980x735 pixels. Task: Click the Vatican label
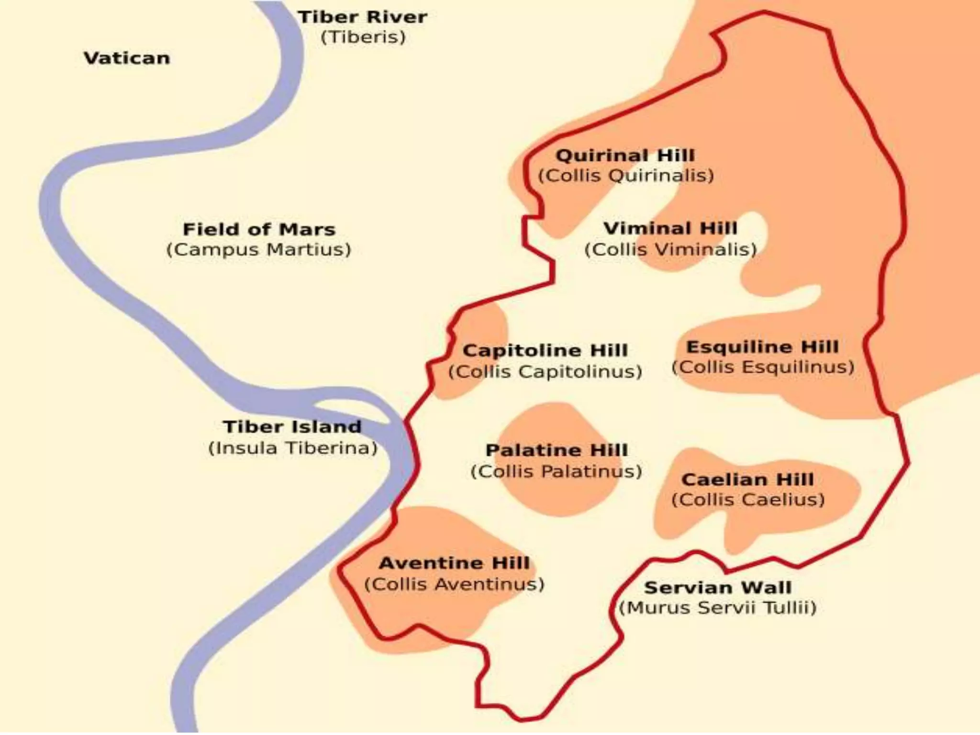(x=127, y=58)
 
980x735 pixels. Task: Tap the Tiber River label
(x=362, y=17)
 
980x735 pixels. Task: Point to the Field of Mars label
(x=259, y=229)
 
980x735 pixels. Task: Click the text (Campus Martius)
(x=259, y=250)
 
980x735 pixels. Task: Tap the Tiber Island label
(x=292, y=427)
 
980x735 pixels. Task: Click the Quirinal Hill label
(x=625, y=156)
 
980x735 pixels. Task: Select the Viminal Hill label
(x=670, y=228)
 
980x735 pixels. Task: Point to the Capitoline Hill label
(x=545, y=350)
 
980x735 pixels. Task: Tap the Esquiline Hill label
(x=762, y=347)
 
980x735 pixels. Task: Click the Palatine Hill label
(x=557, y=450)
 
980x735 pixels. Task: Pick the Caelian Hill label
(x=747, y=479)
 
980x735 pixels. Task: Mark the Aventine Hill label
(x=454, y=563)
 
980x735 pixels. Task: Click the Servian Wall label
(x=717, y=588)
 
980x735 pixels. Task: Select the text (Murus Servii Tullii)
(x=717, y=608)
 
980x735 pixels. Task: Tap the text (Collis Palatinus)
(x=557, y=472)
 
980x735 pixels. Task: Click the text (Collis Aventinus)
(x=454, y=584)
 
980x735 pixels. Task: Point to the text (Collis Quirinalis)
(x=626, y=176)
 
